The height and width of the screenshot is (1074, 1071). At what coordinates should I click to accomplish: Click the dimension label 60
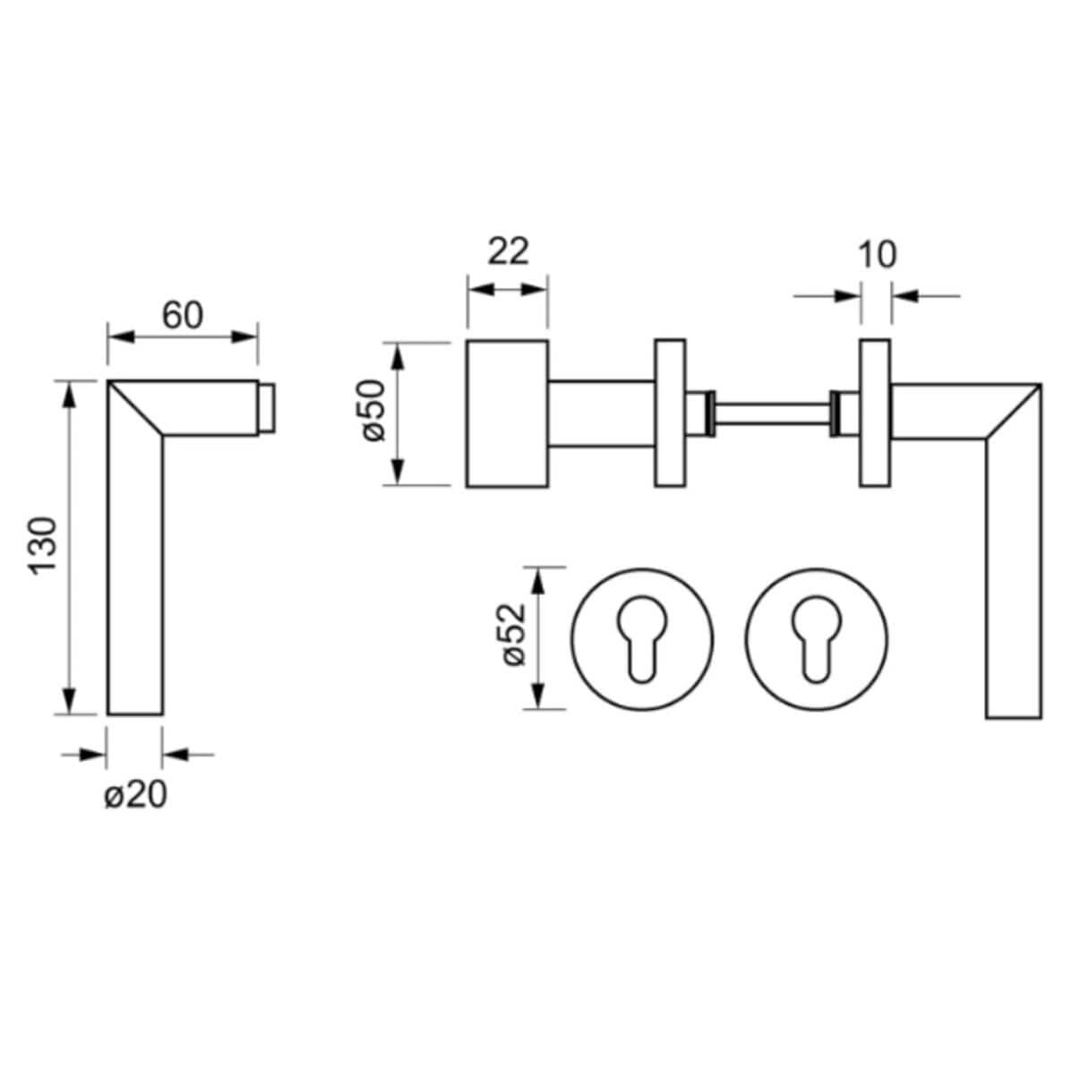[183, 314]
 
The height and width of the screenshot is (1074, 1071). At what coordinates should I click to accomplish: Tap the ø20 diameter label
[135, 795]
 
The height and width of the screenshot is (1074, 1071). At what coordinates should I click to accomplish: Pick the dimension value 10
[877, 254]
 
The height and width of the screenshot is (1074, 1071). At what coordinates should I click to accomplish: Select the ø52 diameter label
[512, 636]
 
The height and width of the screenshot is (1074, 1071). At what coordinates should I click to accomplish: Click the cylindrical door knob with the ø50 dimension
[507, 413]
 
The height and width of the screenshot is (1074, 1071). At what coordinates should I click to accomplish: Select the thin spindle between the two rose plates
[772, 413]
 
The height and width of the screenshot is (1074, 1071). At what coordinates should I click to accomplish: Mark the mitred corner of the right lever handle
[1012, 413]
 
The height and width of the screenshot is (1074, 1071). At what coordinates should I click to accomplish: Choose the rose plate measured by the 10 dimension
[875, 413]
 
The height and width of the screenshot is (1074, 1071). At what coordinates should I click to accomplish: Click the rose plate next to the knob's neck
[670, 413]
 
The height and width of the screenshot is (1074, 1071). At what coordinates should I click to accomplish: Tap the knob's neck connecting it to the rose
[601, 413]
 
